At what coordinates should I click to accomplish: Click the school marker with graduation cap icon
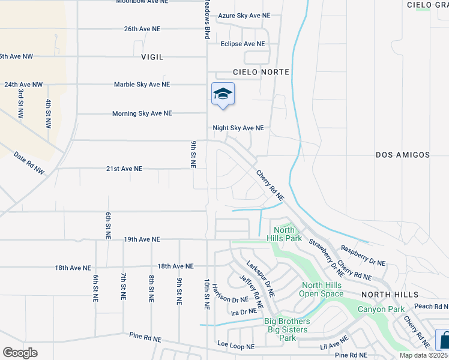pyautogui.click(x=223, y=94)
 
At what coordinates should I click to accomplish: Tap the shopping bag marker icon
pyautogui.click(x=442, y=340)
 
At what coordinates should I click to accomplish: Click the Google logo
pyautogui.click(x=19, y=352)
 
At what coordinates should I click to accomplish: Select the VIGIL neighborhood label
pyautogui.click(x=152, y=57)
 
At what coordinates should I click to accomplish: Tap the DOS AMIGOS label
pyautogui.click(x=403, y=155)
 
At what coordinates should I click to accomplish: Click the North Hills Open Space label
pyautogui.click(x=322, y=290)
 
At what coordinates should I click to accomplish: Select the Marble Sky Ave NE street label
pyautogui.click(x=142, y=85)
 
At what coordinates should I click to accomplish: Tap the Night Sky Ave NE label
pyautogui.click(x=238, y=128)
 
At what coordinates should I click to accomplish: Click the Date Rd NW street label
pyautogui.click(x=29, y=163)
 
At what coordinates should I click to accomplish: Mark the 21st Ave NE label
pyautogui.click(x=124, y=169)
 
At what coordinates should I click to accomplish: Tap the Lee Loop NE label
pyautogui.click(x=236, y=347)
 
